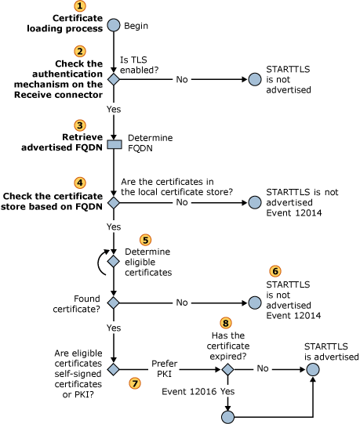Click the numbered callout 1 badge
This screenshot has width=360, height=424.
coord(113,6)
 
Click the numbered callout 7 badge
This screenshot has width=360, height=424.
coord(135,382)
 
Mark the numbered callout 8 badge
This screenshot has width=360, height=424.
coord(227,323)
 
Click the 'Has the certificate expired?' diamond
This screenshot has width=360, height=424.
coord(227,367)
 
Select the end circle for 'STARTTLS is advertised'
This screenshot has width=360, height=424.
coord(313,367)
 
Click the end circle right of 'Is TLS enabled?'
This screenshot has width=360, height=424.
coord(254,79)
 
